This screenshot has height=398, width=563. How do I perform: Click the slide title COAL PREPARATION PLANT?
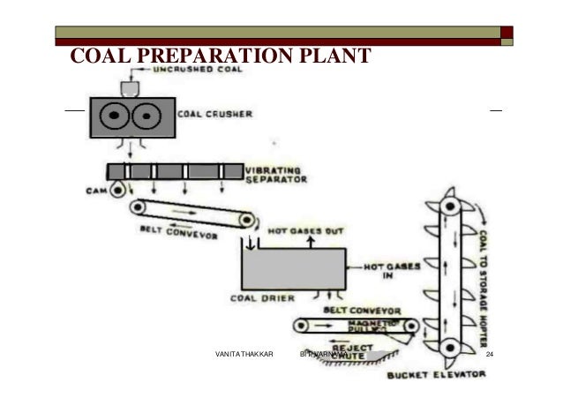(x=219, y=57)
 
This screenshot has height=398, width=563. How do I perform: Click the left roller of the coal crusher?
(x=112, y=116)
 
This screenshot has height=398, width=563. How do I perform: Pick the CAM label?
(x=98, y=190)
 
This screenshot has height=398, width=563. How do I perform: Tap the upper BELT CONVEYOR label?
(x=174, y=231)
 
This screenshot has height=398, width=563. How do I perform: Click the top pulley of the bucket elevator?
(x=450, y=206)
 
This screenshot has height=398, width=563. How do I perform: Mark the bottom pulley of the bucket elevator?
(x=450, y=345)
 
